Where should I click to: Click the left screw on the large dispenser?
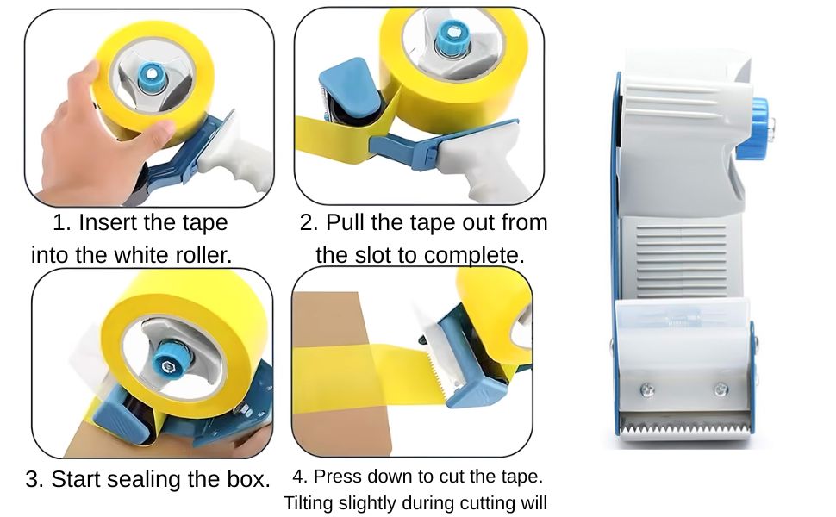pos(647,389)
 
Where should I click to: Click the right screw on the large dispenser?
pos(721,389)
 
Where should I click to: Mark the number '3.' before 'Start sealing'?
pos(34,479)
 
